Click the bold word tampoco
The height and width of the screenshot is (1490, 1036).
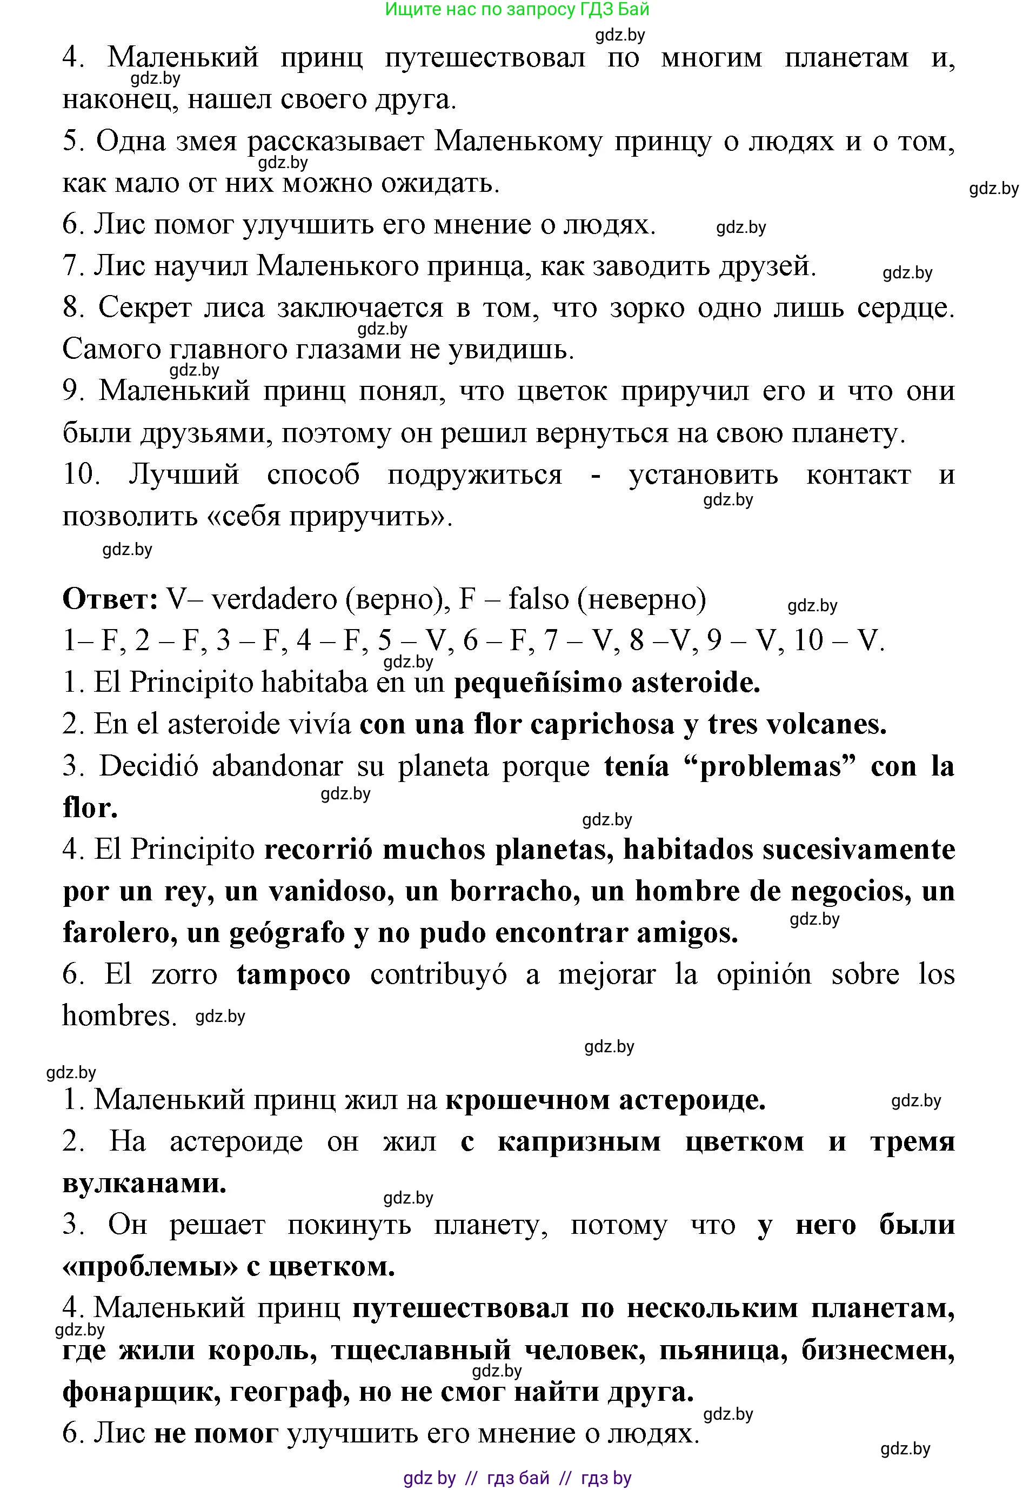pyautogui.click(x=293, y=975)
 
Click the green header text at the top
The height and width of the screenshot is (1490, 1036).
pyautogui.click(x=517, y=9)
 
